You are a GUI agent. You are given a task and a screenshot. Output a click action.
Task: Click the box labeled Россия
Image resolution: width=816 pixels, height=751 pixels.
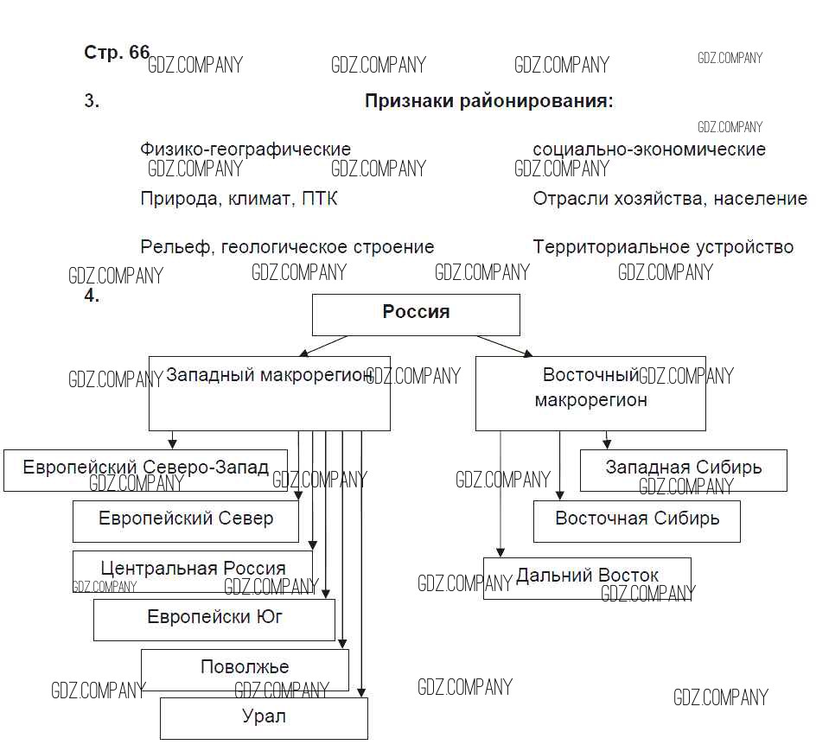coord(416,314)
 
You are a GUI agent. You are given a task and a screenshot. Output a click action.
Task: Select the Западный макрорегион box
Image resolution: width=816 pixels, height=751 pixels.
coord(269,393)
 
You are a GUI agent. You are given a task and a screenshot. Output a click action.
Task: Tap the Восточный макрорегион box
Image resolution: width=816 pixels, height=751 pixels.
coord(590,393)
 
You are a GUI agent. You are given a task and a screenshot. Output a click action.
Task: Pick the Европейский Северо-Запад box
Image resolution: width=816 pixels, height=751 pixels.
coord(145,469)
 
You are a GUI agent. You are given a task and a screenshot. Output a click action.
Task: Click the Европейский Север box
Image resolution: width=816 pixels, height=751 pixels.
coord(185,520)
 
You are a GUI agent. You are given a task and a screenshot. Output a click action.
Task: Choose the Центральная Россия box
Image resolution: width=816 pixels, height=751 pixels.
coord(192,570)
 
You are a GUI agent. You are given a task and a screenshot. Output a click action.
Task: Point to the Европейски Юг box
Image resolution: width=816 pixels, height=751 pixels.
coord(214,619)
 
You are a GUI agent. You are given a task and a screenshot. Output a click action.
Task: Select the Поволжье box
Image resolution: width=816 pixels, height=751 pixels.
coord(245,668)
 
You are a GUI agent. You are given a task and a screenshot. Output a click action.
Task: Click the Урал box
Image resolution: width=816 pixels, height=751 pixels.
coord(264,717)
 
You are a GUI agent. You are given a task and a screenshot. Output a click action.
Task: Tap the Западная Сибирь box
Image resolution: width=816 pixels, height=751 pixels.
coord(683,469)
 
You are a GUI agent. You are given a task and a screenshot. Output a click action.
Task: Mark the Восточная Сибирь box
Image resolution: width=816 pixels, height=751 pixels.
coord(636,520)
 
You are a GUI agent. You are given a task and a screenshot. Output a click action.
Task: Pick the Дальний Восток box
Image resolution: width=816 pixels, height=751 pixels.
coord(587,576)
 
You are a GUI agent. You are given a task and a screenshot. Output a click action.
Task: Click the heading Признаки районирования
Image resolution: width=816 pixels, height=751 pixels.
coord(488,101)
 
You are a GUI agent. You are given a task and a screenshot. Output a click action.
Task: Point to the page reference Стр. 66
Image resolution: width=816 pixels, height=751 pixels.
coord(117,52)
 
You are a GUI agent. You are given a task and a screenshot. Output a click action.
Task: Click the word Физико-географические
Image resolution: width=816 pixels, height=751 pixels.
coord(245,150)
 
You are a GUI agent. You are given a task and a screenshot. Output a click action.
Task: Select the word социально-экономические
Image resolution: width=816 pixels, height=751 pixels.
coord(648,150)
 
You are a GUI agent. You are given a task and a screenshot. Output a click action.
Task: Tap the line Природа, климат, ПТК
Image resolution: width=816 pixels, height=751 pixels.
coord(239,199)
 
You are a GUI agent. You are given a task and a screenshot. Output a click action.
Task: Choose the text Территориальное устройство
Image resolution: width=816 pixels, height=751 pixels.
coord(662,247)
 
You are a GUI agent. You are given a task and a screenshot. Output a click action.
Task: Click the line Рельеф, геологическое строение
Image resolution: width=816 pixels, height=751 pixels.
coord(287,247)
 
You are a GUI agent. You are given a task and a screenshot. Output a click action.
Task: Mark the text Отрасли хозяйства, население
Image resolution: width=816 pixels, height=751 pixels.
coord(669,199)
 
